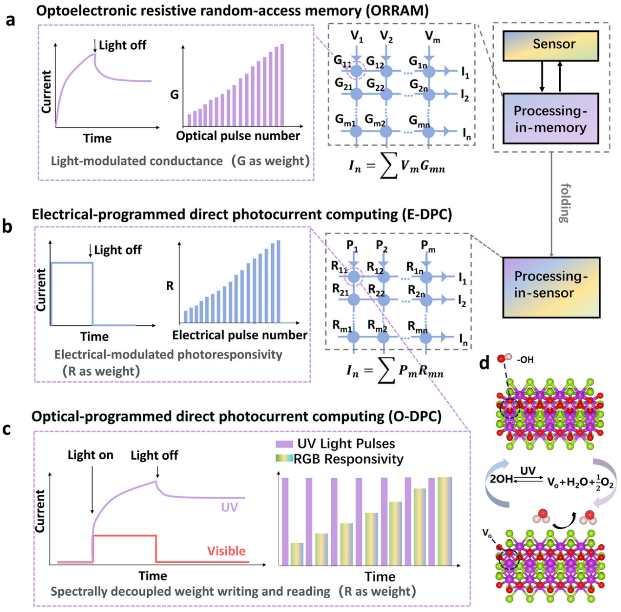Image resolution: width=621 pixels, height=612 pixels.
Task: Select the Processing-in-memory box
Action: point(550,118)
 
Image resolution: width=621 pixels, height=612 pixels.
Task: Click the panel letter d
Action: point(484,362)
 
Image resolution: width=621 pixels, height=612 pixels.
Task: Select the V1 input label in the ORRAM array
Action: point(357,36)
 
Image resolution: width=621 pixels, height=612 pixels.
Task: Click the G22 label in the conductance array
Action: point(375,85)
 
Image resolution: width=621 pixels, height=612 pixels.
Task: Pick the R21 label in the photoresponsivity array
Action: point(340,290)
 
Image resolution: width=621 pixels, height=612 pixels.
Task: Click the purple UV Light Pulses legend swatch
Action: point(284,444)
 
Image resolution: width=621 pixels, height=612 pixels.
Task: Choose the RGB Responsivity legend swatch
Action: point(284,459)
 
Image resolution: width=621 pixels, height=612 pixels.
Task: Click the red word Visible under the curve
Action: point(226,551)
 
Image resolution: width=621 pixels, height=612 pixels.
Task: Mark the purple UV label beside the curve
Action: point(229,507)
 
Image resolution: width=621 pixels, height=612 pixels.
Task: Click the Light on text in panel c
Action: point(91,455)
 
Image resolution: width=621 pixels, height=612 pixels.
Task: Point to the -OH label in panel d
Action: point(525,360)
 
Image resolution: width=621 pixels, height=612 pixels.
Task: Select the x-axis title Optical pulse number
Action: point(238,136)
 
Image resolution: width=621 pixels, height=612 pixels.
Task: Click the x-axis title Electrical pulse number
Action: point(240,335)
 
